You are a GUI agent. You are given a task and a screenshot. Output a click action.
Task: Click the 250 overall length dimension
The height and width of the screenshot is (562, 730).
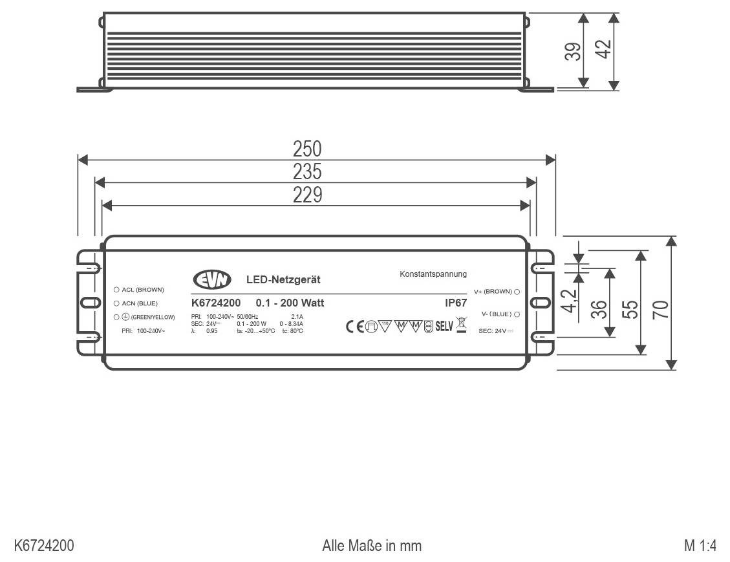pos(307,149)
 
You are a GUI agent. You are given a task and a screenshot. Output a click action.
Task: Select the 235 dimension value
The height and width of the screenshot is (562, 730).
pos(307,172)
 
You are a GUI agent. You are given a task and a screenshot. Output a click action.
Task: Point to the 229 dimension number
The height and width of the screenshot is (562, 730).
pos(307,195)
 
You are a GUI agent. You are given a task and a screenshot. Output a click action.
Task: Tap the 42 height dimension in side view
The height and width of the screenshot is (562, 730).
pos(603,49)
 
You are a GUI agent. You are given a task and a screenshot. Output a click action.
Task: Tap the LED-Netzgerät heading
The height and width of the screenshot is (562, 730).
pos(283,280)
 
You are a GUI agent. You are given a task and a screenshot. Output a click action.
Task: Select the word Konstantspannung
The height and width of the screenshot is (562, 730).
pos(433,274)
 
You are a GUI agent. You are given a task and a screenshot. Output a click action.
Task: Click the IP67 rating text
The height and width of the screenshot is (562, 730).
pos(456,302)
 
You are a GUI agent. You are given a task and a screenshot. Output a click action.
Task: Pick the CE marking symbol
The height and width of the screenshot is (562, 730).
pos(355,326)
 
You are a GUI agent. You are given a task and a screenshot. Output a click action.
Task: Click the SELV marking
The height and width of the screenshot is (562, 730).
pos(444,326)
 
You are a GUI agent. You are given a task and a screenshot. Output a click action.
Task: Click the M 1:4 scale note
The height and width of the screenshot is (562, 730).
pos(700,546)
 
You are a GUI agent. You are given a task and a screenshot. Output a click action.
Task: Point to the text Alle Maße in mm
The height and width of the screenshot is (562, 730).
pos(372,546)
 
